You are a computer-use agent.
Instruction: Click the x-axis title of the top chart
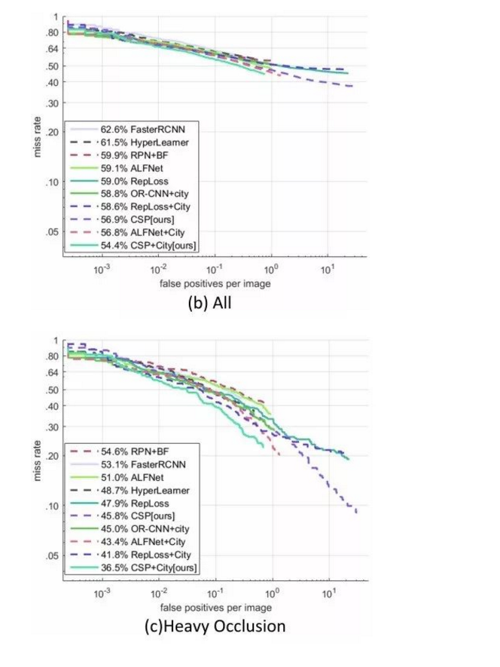click(215, 284)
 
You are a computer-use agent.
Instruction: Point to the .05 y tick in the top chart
click(52, 231)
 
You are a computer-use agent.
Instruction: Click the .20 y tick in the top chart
click(52, 132)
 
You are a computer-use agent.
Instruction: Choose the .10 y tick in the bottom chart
click(52, 505)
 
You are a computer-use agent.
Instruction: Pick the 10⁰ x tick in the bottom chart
click(271, 593)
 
